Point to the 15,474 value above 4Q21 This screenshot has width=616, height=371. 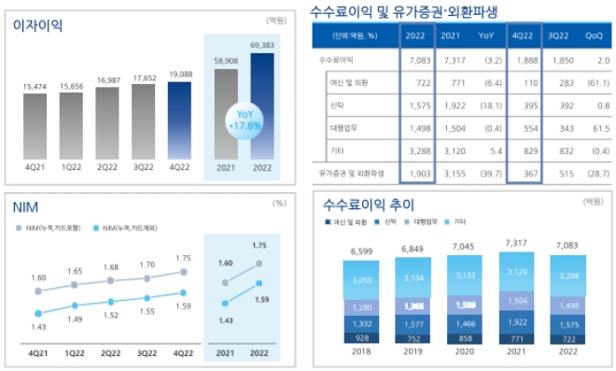pyautogui.click(x=37, y=87)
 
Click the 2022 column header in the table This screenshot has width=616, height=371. pyautogui.click(x=416, y=36)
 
